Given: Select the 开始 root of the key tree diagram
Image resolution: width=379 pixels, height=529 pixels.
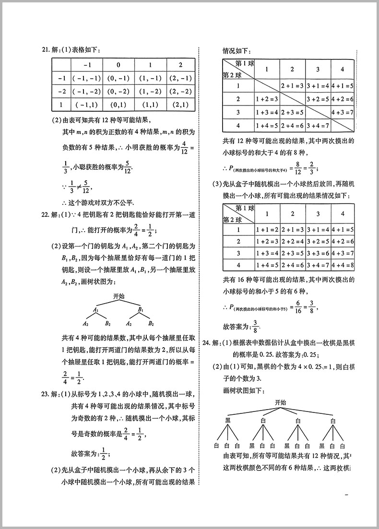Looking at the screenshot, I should (x=119, y=297).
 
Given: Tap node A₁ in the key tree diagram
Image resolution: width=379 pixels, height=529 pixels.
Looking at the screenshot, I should (x=95, y=310).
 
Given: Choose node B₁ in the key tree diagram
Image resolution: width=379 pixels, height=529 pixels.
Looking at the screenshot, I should (x=141, y=310).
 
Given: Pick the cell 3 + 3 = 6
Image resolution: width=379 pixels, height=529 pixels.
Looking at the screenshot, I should (x=317, y=253).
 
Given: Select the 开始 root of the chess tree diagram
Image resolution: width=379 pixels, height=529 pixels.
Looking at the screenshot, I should (x=281, y=402).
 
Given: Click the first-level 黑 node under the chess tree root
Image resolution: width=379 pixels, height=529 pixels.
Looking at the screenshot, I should (x=228, y=421).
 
